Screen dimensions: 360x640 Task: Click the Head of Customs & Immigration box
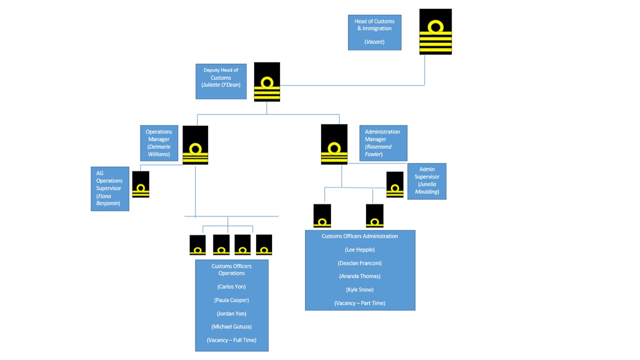(374, 32)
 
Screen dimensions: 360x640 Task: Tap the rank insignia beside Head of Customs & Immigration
(435, 31)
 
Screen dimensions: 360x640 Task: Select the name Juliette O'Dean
(221, 85)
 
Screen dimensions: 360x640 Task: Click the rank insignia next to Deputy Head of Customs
(267, 81)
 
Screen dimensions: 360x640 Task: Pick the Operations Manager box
(158, 143)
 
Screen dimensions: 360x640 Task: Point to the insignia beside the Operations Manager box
(195, 145)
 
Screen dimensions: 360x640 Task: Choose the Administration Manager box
(383, 143)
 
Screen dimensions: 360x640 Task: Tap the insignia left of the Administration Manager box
(334, 144)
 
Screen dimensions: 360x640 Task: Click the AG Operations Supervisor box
(109, 188)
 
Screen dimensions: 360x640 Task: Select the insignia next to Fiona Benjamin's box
(140, 184)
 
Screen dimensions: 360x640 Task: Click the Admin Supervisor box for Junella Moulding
(426, 181)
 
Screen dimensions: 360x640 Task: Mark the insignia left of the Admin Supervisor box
(395, 184)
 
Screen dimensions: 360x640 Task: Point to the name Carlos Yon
(231, 287)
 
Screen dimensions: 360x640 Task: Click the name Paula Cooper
(231, 300)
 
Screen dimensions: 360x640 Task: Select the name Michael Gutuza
(231, 326)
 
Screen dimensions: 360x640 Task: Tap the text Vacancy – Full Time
(231, 340)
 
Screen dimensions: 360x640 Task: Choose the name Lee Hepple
(360, 249)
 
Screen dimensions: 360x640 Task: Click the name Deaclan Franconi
(360, 263)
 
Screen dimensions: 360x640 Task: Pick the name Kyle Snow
(360, 289)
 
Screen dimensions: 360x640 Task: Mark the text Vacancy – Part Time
(360, 303)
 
